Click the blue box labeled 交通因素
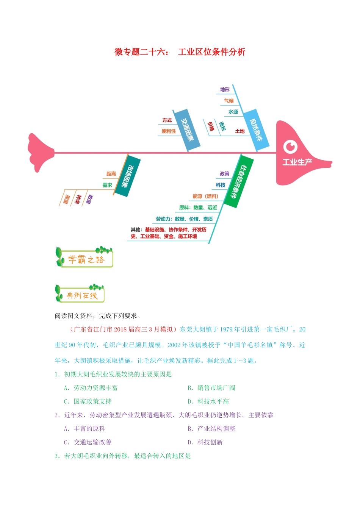[186, 131]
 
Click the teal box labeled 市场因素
[128, 176]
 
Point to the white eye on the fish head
[290, 147]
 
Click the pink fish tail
[41, 153]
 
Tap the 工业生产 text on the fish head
[297, 162]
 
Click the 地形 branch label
[225, 90]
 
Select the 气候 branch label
[229, 101]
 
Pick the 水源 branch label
[233, 112]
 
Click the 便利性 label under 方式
[169, 131]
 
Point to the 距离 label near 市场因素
[111, 174]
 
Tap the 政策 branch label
[224, 174]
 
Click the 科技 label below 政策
[221, 185]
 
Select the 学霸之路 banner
[85, 258]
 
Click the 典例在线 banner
[80, 294]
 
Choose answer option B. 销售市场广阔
[211, 388]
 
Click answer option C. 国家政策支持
[88, 401]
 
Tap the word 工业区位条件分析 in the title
[211, 52]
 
